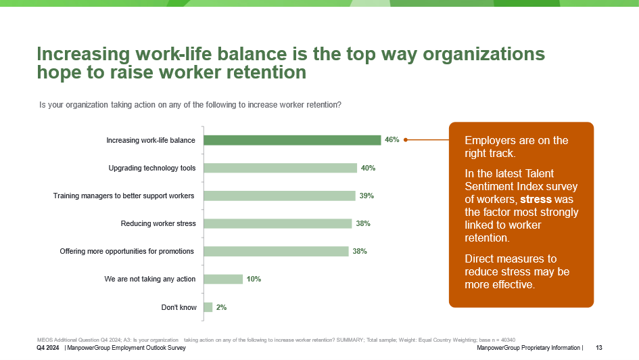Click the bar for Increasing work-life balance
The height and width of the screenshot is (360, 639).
(x=292, y=140)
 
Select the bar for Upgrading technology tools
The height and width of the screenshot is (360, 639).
(x=280, y=168)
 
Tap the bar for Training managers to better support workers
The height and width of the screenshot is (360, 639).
(x=279, y=196)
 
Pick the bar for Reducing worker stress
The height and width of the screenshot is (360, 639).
(x=277, y=223)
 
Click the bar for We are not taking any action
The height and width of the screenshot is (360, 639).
(x=223, y=279)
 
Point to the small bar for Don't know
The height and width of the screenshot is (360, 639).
(x=208, y=307)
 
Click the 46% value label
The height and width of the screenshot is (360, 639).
(x=392, y=140)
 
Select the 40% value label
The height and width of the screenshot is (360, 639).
(x=368, y=168)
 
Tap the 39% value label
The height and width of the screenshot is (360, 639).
(x=366, y=196)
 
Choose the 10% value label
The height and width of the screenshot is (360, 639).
(x=254, y=279)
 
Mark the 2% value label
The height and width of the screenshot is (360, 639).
(x=221, y=307)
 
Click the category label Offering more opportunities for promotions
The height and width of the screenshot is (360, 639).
(x=127, y=251)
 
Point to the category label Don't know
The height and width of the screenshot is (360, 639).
(x=179, y=307)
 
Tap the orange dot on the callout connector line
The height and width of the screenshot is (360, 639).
(x=406, y=140)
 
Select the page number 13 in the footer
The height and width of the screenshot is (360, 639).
(x=599, y=348)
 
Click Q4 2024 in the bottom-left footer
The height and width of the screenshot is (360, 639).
(x=49, y=348)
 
